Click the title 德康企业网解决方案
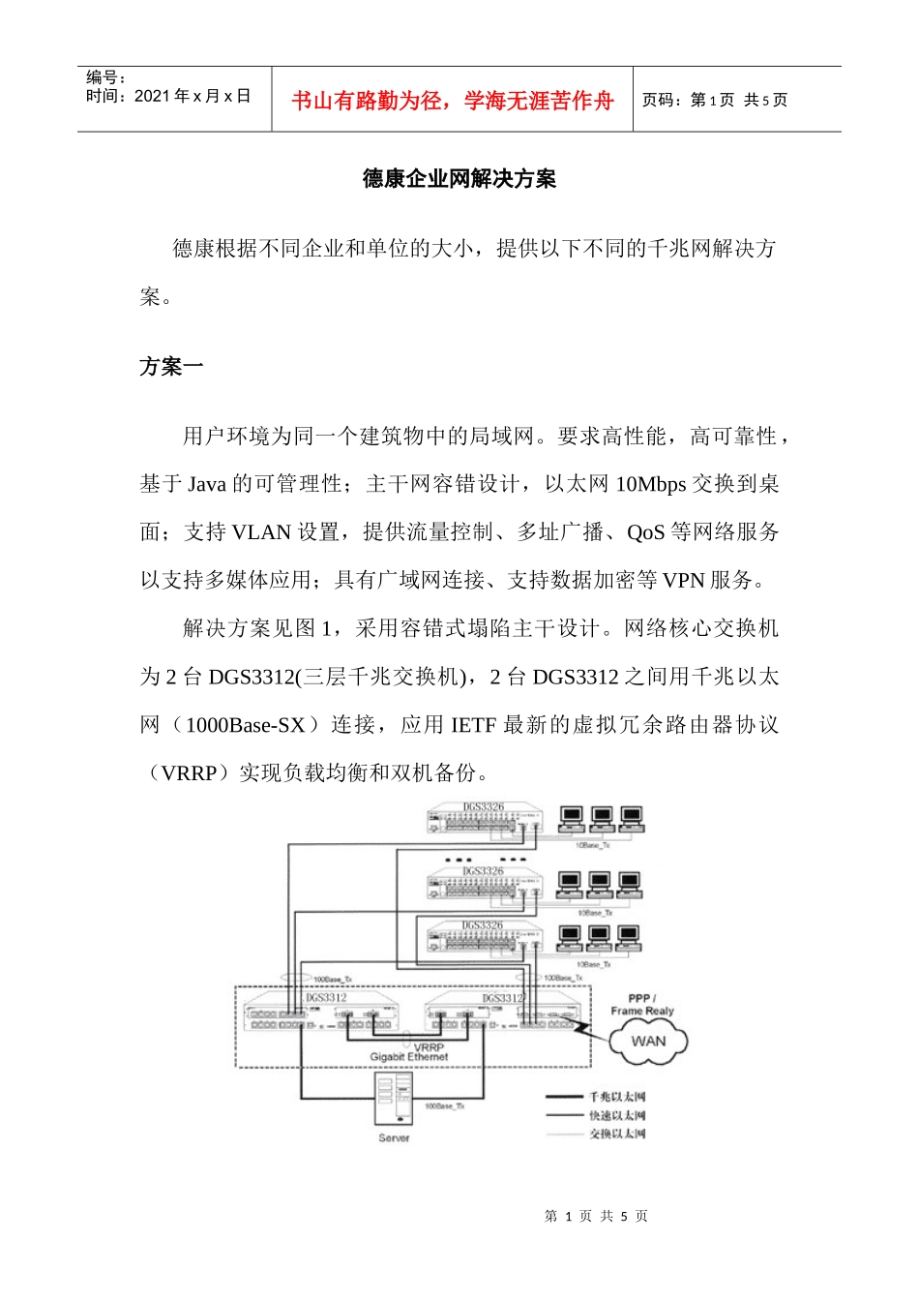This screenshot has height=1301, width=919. (x=459, y=179)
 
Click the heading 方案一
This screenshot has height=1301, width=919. (x=171, y=367)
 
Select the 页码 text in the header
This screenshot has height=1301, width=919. (x=662, y=101)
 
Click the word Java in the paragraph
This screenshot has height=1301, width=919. (x=206, y=484)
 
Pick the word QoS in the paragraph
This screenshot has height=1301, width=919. (x=645, y=532)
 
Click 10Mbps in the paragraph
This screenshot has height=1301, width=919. (x=650, y=484)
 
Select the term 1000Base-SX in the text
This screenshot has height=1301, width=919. (x=245, y=725)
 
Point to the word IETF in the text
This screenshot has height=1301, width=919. (x=473, y=725)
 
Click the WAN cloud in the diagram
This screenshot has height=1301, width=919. (x=648, y=1042)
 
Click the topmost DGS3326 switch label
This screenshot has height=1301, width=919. (x=483, y=806)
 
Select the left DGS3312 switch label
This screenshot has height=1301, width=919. (x=326, y=998)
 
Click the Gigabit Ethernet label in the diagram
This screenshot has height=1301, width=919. (x=409, y=1057)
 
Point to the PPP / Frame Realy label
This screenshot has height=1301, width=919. (x=642, y=1005)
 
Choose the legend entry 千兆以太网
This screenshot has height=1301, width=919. (x=617, y=1097)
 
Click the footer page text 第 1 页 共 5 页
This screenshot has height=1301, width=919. (x=596, y=1217)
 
